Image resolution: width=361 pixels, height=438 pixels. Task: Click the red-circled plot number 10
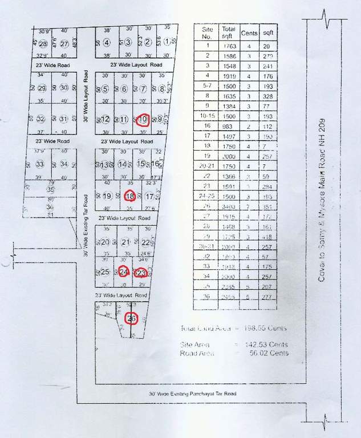143,119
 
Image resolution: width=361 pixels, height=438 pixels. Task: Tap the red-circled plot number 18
130,196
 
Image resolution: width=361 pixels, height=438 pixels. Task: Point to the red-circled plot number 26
132,318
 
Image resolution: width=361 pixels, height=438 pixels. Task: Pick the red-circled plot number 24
123,271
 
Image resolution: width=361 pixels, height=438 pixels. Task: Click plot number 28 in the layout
42,44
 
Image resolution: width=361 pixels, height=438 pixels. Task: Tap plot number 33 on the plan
40,164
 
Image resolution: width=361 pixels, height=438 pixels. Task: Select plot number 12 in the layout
106,119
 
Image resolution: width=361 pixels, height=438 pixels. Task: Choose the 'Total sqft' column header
229,32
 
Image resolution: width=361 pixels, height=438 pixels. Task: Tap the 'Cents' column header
249,33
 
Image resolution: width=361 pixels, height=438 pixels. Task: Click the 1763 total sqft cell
229,46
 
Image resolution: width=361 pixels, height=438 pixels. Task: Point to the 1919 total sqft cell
229,75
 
